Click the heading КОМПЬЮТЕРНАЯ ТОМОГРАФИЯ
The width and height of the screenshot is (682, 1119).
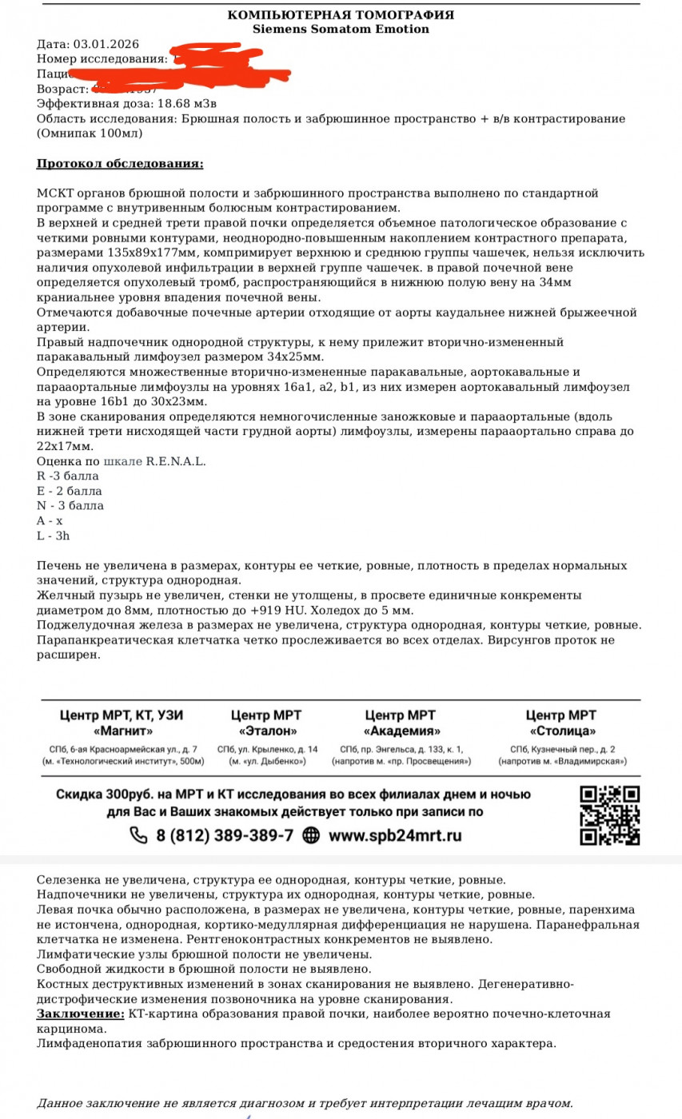pyautogui.click(x=341, y=15)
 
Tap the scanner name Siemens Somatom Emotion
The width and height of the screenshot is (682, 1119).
pyautogui.click(x=341, y=30)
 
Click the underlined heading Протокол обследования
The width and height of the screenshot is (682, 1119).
pyautogui.click(x=120, y=164)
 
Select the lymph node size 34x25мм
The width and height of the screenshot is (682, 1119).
pyautogui.click(x=297, y=356)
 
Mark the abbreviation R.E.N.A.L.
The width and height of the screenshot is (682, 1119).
pyautogui.click(x=176, y=461)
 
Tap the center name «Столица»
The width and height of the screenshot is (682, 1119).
pyautogui.click(x=560, y=731)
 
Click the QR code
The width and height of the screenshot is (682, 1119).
pyautogui.click(x=610, y=815)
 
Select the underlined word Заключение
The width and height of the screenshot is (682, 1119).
pyautogui.click(x=80, y=1013)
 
